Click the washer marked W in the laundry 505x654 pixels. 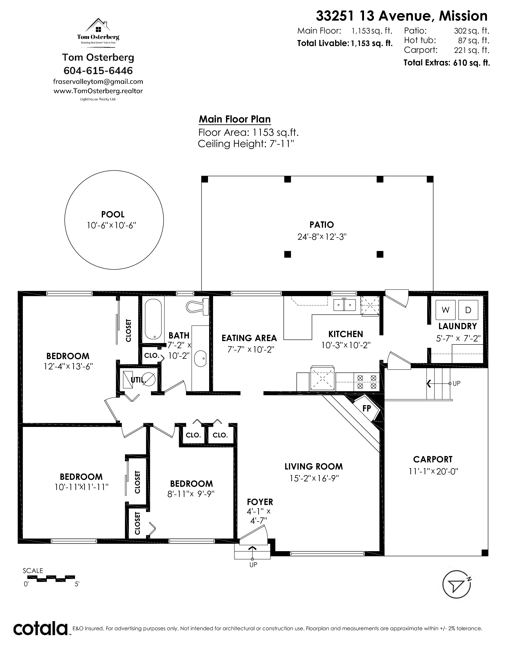pos(445,310)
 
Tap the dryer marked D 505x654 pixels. pos(468,310)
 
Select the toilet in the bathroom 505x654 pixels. pos(197,307)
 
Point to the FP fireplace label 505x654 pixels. pos(367,408)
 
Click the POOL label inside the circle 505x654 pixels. pos(113,214)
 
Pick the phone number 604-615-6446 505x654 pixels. pos(98,71)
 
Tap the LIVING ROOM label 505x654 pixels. pos(313,466)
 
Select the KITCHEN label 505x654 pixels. pos(346,334)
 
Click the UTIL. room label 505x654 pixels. pos(138,380)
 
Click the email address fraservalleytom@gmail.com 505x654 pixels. pos(98,81)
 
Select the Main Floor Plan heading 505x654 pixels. pos(235,119)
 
